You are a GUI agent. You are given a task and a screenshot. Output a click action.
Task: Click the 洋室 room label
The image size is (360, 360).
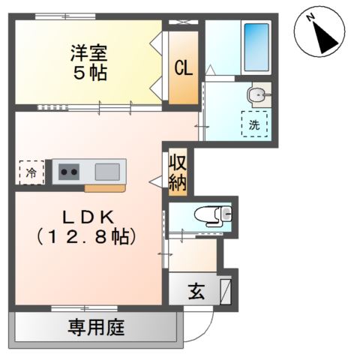pyautogui.click(x=89, y=53)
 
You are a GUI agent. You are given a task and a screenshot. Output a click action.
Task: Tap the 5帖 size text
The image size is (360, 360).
pyautogui.click(x=89, y=73)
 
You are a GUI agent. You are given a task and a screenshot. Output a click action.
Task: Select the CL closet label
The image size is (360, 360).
pyautogui.click(x=183, y=67)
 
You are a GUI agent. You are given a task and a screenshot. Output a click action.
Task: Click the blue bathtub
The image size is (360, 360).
pyautogui.click(x=256, y=46)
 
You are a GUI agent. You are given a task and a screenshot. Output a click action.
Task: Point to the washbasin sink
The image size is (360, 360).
pyautogui.click(x=256, y=94)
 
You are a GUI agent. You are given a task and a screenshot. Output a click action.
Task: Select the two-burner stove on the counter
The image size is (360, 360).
pyautogui.click(x=70, y=172)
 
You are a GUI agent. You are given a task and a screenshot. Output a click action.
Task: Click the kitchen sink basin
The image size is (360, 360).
pyautogui.click(x=106, y=171)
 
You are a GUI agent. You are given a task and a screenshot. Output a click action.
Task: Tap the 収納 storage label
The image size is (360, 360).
pyautogui.click(x=177, y=173)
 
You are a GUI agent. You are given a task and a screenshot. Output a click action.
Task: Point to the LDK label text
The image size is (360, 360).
pyautogui.click(x=88, y=217)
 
